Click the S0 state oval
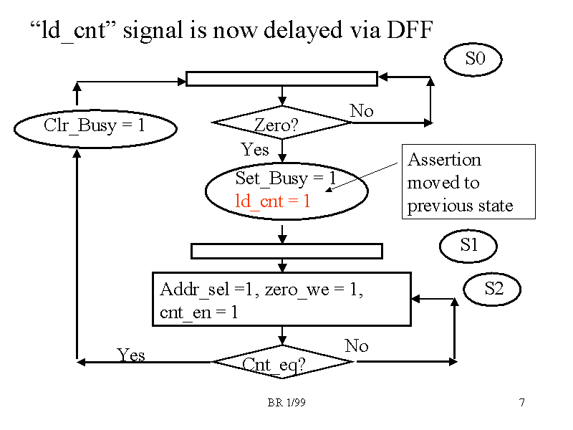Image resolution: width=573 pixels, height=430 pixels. [x=473, y=60]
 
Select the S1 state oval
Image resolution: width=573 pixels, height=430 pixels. [x=468, y=246]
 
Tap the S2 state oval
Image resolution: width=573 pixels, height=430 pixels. [x=492, y=290]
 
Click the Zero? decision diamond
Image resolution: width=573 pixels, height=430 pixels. [x=282, y=123]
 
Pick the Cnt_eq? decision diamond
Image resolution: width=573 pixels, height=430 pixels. [x=282, y=362]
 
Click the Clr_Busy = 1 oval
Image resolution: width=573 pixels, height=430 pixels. [x=95, y=127]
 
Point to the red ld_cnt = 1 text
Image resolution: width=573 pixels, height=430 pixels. [x=273, y=201]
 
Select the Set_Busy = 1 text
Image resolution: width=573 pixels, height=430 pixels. [x=285, y=178]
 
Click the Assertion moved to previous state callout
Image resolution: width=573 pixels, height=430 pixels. [x=468, y=182]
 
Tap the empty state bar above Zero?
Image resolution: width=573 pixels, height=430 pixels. [x=281, y=79]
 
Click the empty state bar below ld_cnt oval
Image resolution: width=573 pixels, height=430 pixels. [x=286, y=251]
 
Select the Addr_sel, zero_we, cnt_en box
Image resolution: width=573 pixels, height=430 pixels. [x=281, y=299]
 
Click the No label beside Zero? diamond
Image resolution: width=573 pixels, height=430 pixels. [x=362, y=111]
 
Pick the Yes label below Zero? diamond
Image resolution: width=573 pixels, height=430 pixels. [x=255, y=149]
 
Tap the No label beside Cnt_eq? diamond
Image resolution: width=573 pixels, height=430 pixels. [x=356, y=346]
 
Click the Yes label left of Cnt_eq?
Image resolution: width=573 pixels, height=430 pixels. [x=131, y=355]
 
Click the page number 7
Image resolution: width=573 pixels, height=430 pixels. [x=522, y=403]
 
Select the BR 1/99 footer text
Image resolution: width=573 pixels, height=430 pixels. [x=286, y=403]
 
